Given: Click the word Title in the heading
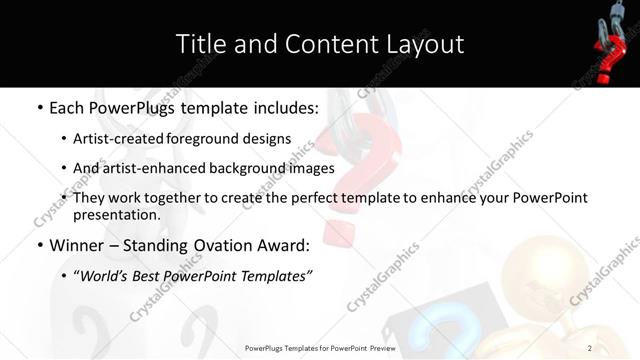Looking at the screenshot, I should point(200,44).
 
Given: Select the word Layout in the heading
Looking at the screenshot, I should point(424,44).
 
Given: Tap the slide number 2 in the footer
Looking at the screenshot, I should point(590,348).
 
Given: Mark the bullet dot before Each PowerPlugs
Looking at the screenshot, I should point(39,106).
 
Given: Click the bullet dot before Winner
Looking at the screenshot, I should point(39,244).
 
